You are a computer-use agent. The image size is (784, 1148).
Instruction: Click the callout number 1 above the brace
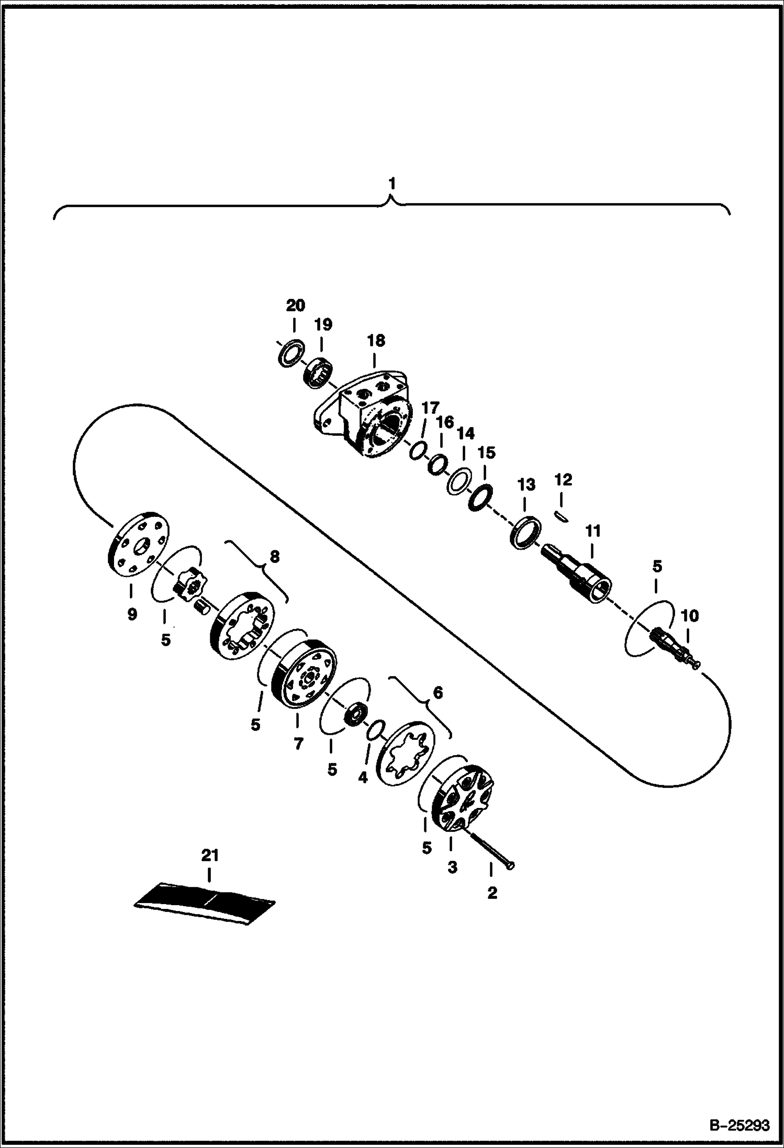(x=392, y=184)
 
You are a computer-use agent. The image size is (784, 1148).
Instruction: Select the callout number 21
(x=210, y=856)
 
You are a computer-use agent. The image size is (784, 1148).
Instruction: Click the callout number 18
(x=376, y=341)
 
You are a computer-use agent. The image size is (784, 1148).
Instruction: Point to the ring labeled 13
(x=524, y=533)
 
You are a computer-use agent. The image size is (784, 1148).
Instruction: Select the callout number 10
(x=689, y=616)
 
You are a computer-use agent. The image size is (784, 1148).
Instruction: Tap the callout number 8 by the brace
(x=274, y=557)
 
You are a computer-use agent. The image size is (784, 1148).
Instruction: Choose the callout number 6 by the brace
(x=438, y=692)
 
